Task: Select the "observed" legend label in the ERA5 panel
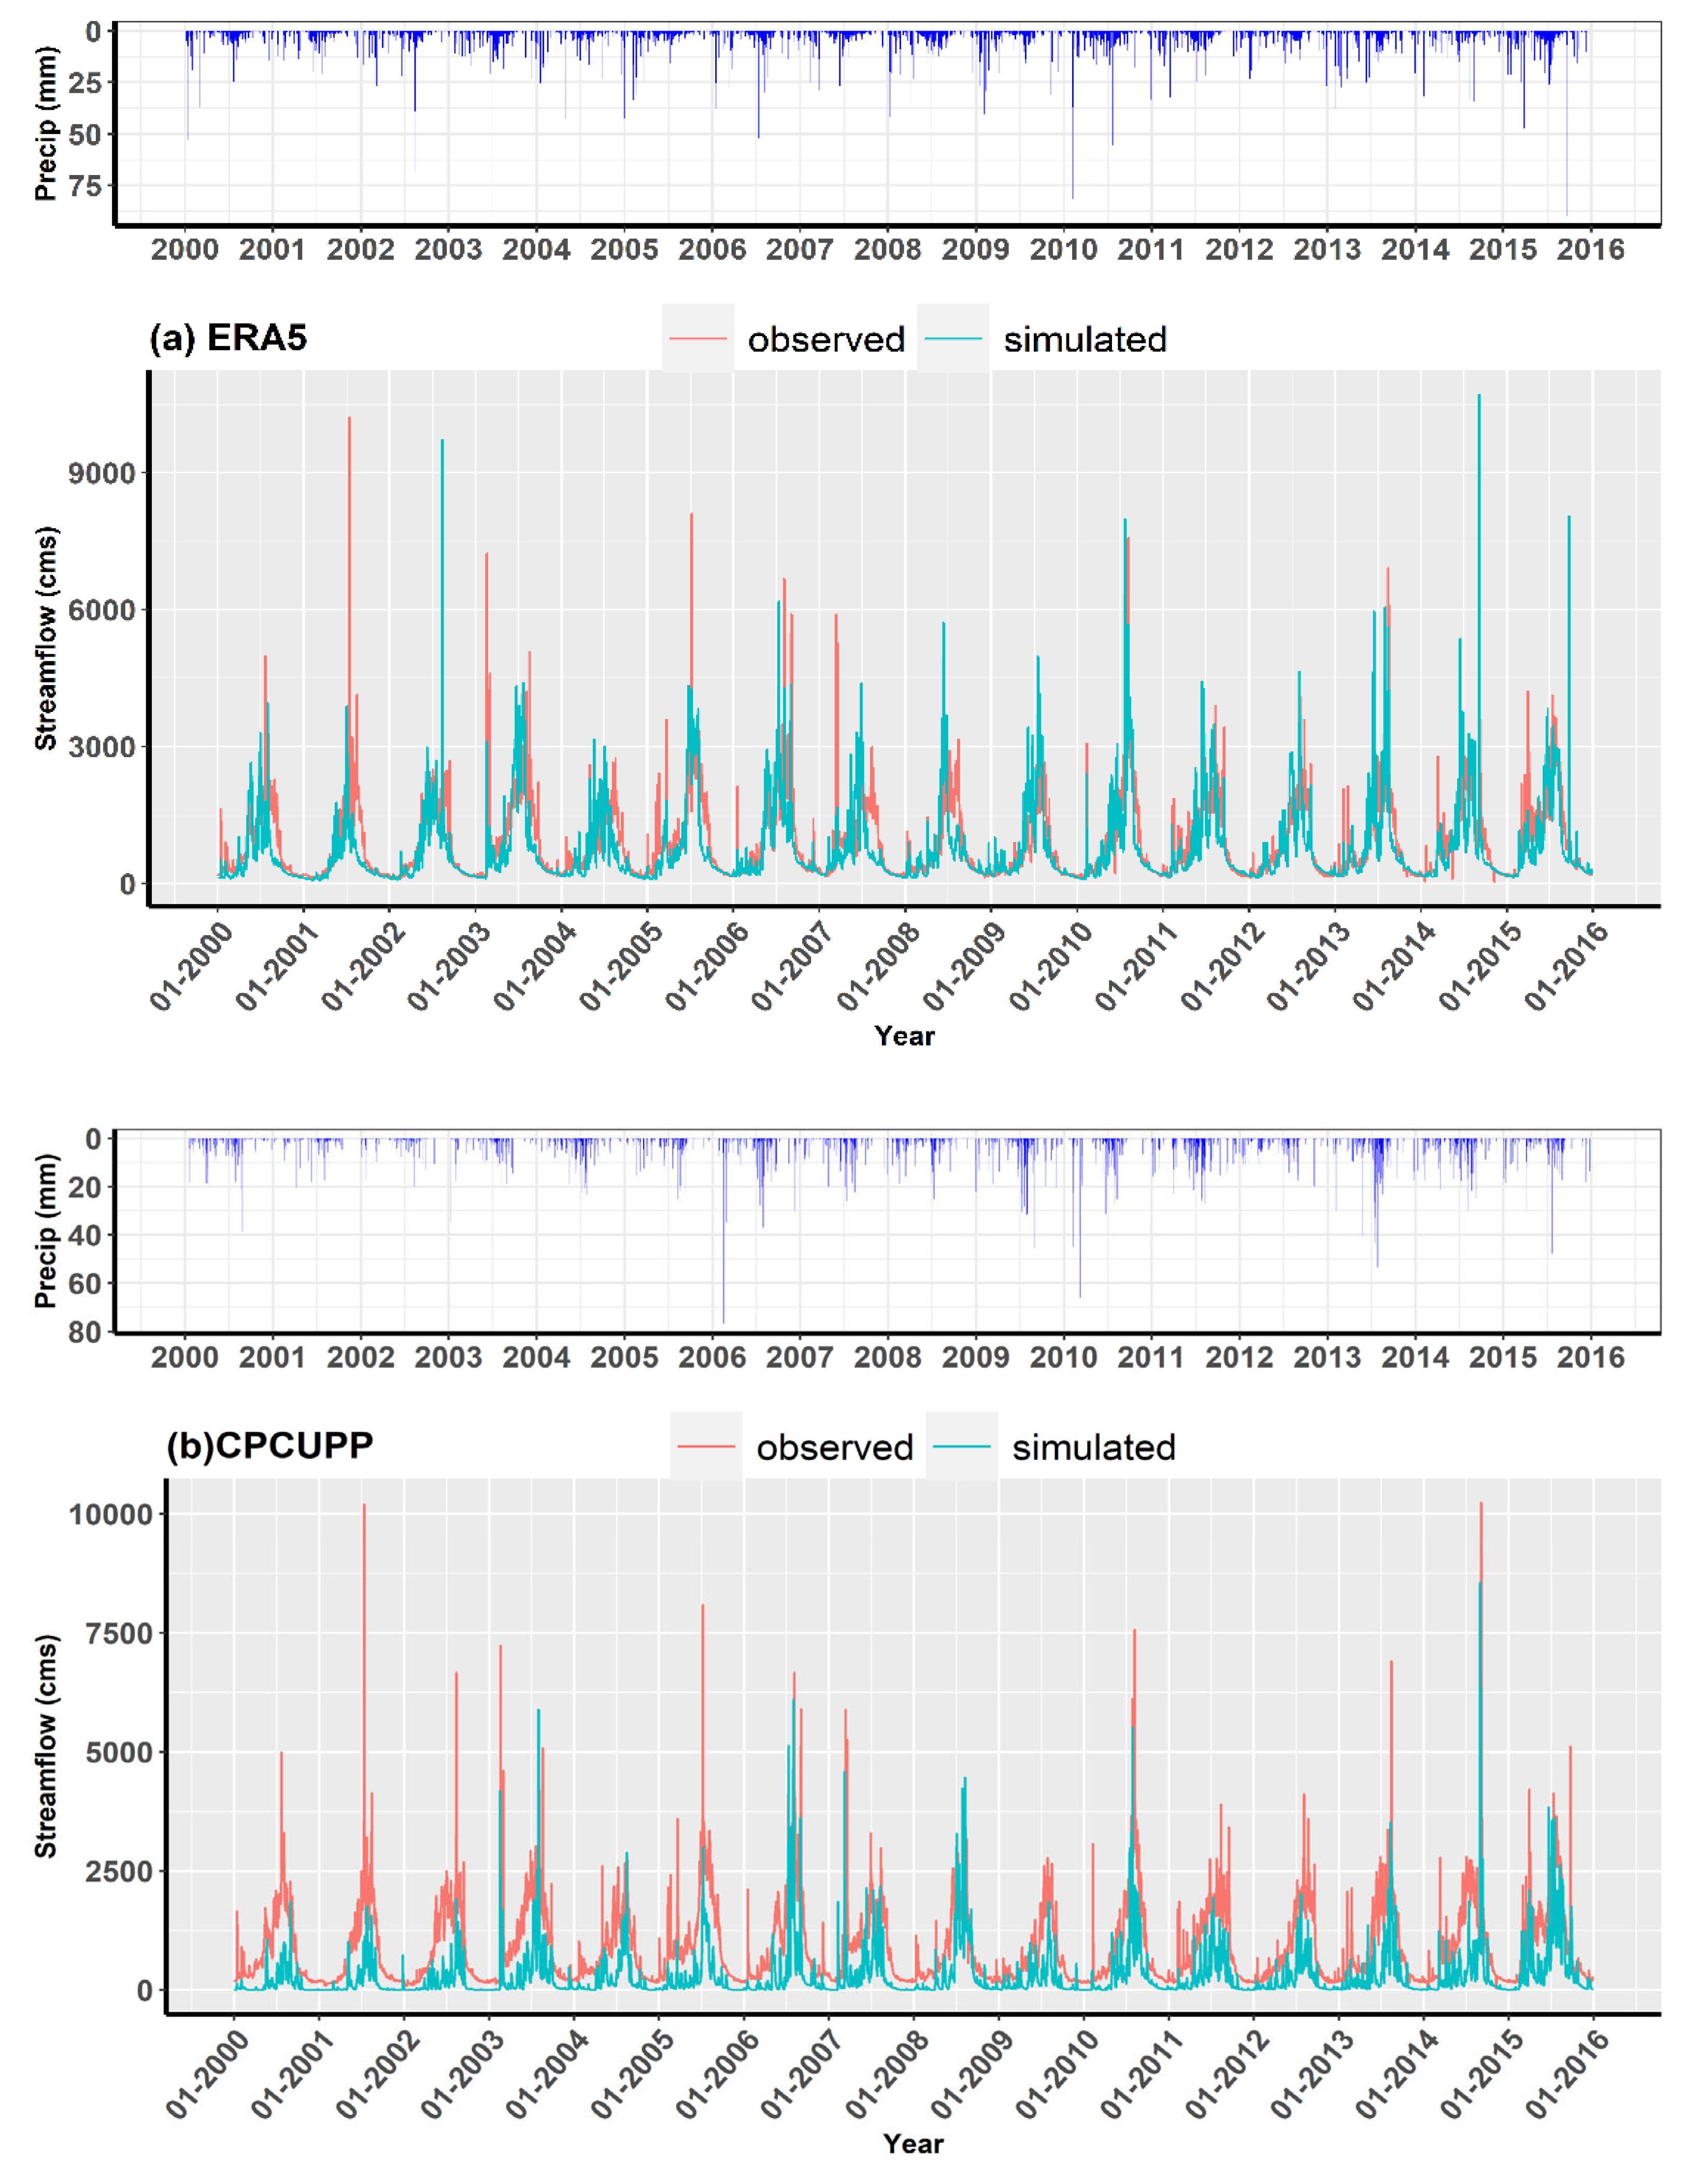coord(826,340)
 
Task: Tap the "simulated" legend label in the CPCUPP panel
coord(1093,1448)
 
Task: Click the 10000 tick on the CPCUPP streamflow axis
coord(110,1515)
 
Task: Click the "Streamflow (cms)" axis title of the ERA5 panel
coord(46,638)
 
